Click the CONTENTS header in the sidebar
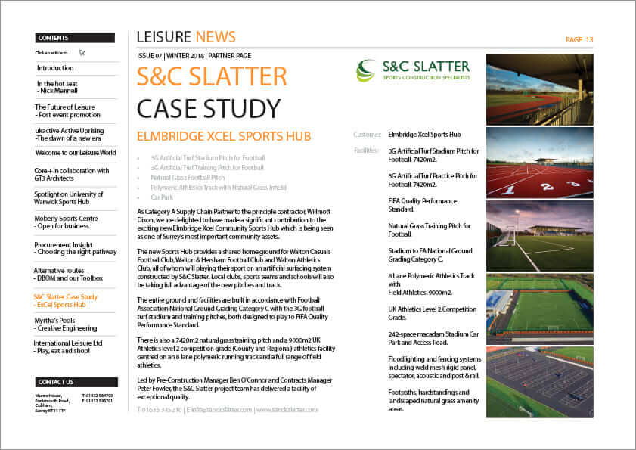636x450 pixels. point(53,38)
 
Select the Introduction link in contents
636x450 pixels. point(55,68)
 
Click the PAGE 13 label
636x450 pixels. point(579,40)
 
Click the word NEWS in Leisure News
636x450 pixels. point(216,37)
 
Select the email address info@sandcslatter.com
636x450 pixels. point(219,410)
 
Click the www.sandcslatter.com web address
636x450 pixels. point(286,410)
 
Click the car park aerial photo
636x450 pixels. point(539,382)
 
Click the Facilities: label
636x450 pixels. point(367,151)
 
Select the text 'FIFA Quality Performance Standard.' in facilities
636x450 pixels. point(422,205)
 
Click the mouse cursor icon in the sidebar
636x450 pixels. point(82,53)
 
